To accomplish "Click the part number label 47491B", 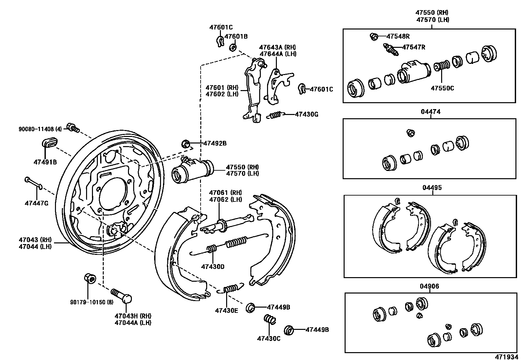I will pyautogui.click(x=45, y=161).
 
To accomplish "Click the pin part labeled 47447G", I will pyautogui.click(x=33, y=183).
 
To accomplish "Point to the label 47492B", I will pyautogui.click(x=215, y=143).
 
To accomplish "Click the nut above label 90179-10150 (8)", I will pyautogui.click(x=90, y=278).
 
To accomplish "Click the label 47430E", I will pyautogui.click(x=226, y=310).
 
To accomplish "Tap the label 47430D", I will pyautogui.click(x=213, y=267).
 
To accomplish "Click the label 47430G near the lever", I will pyautogui.click(x=306, y=114).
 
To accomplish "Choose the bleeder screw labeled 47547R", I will pyautogui.click(x=390, y=49).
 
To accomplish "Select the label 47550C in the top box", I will pyautogui.click(x=442, y=88).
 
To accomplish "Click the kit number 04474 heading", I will pyautogui.click(x=431, y=112).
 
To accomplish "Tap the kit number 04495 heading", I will pyautogui.click(x=432, y=188).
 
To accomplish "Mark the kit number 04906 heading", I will pyautogui.click(x=429, y=286).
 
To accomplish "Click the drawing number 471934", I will pyautogui.click(x=507, y=357).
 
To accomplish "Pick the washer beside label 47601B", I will pyautogui.click(x=233, y=48).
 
